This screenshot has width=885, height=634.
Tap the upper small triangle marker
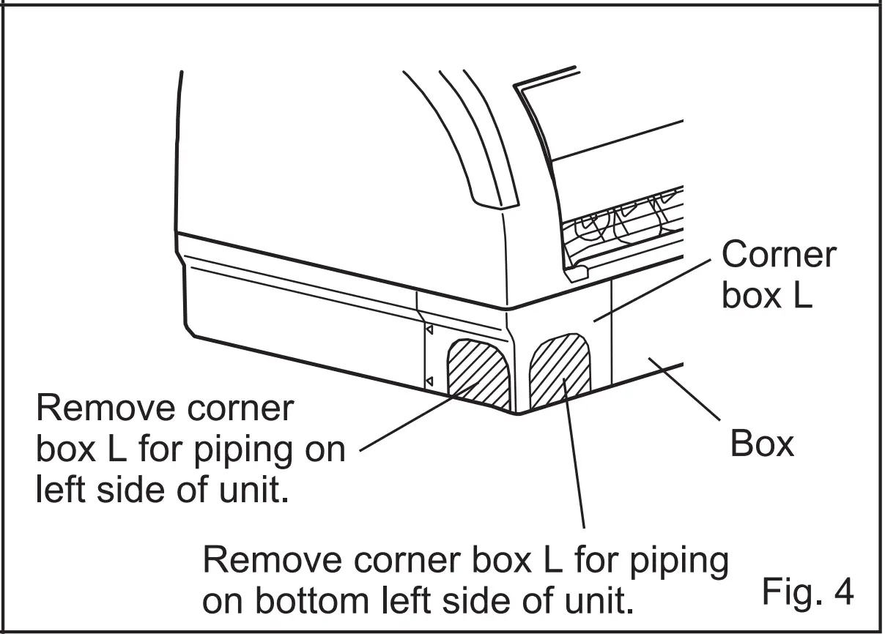[x=430, y=331]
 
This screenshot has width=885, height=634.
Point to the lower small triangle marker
[x=430, y=381]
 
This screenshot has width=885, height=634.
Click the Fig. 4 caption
[x=807, y=592]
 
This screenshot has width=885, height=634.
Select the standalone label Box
[x=762, y=444]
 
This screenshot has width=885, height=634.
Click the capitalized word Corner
[x=778, y=256]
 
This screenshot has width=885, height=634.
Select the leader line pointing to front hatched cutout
[x=573, y=454]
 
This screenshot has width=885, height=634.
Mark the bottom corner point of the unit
[x=518, y=413]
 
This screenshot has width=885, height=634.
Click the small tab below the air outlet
[x=577, y=273]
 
